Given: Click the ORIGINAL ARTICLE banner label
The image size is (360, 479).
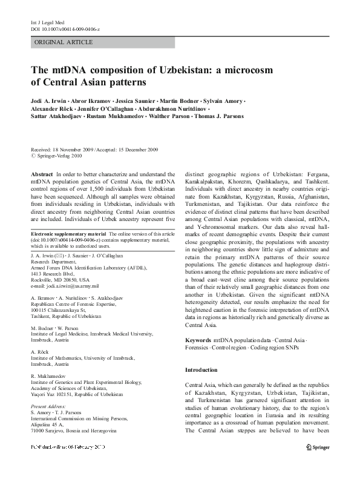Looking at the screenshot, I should (x=64, y=42).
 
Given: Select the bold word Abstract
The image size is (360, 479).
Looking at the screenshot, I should (x=42, y=174).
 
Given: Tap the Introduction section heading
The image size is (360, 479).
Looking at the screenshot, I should (x=201, y=369).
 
